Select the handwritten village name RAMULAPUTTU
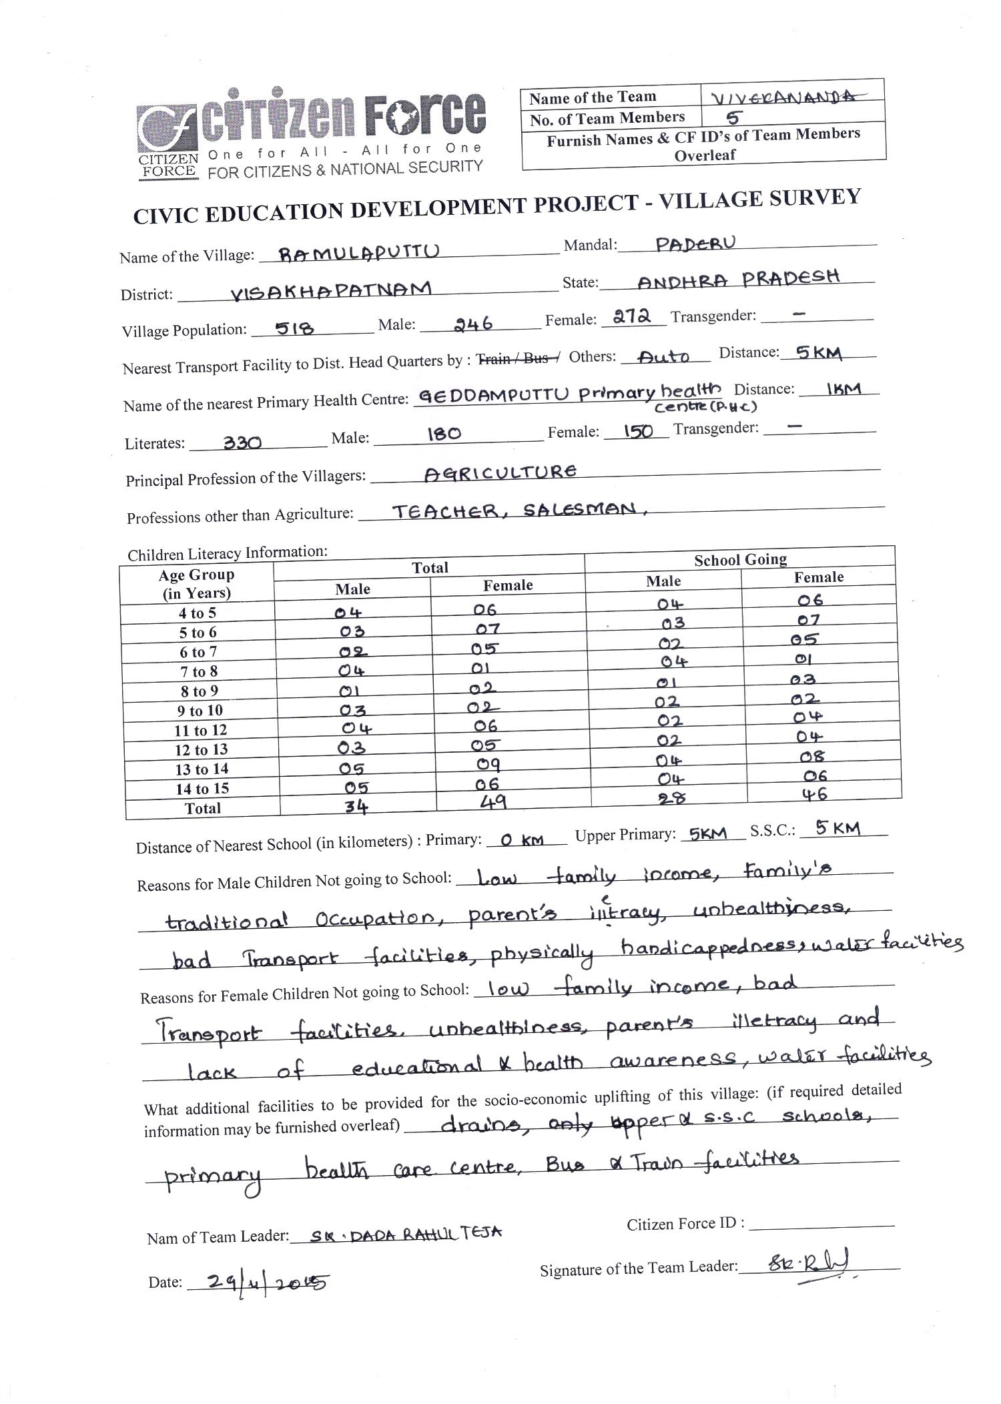tap(359, 252)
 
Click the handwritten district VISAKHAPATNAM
tap(331, 290)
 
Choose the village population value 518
tap(294, 328)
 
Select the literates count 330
tap(242, 442)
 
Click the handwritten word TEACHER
tap(444, 511)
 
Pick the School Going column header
tap(740, 559)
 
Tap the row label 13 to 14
tap(202, 769)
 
